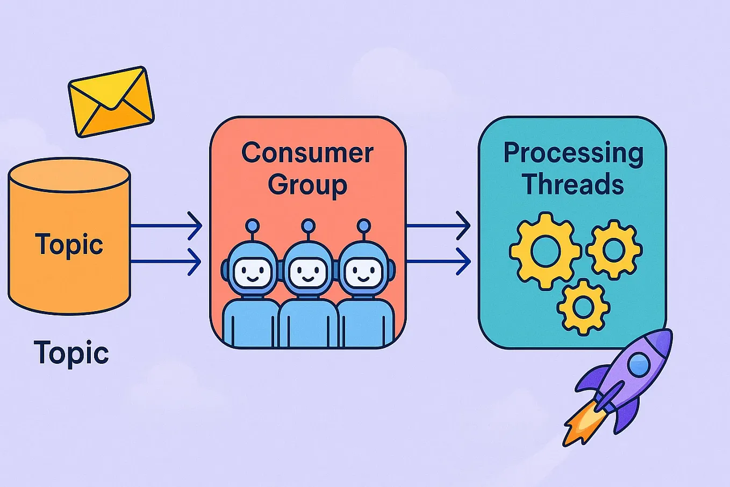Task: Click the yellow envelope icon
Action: coord(111,102)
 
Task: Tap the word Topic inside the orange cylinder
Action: coord(69,245)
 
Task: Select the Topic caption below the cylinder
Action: coord(71,353)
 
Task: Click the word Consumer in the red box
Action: coord(307,153)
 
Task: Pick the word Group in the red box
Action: coord(307,185)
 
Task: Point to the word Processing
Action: coord(573,154)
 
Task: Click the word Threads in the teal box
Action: coord(573,184)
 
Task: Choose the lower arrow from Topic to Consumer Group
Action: coord(167,262)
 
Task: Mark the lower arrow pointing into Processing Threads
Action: coord(438,262)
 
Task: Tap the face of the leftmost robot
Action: coord(251,273)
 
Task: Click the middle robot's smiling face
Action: coord(307,273)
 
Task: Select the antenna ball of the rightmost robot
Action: coord(364,225)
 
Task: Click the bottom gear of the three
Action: coord(583,306)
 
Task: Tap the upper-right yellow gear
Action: coord(614,249)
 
